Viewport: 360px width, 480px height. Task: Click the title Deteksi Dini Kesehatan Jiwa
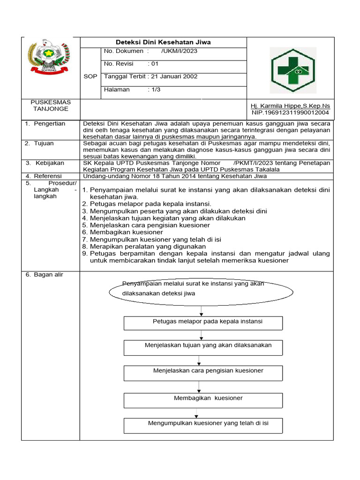pos(163,42)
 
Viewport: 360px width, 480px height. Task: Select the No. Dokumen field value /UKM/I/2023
pos(179,51)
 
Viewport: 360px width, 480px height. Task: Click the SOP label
pos(90,76)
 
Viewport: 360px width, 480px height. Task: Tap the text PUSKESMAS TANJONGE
pos(50,105)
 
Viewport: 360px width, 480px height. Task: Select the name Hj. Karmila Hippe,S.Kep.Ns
pos(290,106)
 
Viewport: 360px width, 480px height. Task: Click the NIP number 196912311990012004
pos(290,112)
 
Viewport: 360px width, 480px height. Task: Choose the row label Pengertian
pos(49,124)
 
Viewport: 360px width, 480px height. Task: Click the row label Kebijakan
pos(51,163)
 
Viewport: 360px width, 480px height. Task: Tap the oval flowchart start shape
pos(201,292)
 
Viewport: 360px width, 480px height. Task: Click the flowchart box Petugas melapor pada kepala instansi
pos(203,322)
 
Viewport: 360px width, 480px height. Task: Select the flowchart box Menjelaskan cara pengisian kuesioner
pos(203,372)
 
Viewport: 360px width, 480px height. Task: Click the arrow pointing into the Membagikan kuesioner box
pos(199,387)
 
